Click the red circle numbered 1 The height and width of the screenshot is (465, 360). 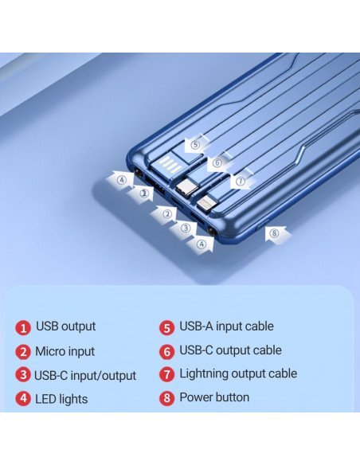(23, 328)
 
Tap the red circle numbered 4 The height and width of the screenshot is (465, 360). (23, 399)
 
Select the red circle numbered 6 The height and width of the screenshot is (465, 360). (167, 352)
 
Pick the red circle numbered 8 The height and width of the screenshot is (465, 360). (167, 397)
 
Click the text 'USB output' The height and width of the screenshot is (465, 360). (65, 326)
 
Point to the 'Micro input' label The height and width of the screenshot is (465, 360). (65, 351)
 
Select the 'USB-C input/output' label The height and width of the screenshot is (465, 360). (85, 376)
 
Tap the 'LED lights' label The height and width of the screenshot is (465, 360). (61, 399)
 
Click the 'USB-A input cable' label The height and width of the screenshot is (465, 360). (226, 326)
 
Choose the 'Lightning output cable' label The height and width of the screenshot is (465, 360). (238, 373)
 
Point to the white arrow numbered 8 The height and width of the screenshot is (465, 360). (277, 235)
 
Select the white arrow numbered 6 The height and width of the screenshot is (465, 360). (219, 162)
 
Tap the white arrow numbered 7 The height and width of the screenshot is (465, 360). (241, 180)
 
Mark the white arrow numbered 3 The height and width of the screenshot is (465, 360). (184, 229)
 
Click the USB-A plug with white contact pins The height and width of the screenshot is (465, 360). (168, 165)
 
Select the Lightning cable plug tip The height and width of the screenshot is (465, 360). (205, 204)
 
